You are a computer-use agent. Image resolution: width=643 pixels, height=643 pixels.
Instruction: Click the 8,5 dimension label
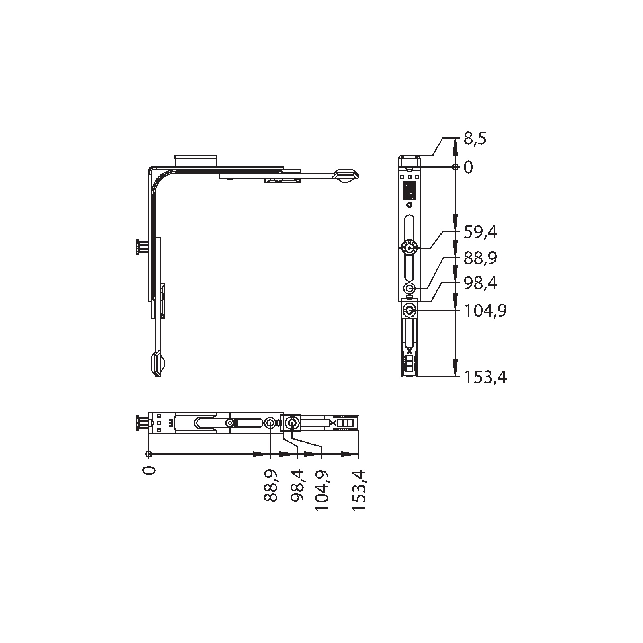coord(475,139)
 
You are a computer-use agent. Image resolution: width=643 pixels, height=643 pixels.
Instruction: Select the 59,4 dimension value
coord(480,232)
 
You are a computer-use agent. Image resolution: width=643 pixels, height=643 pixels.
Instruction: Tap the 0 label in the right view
coord(469,167)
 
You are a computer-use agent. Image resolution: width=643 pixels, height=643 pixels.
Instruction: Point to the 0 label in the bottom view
coord(149,469)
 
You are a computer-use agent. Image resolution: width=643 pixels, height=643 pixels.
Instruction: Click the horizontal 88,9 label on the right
coord(480,258)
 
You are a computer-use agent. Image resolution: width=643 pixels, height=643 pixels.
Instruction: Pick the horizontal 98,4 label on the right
coord(480,284)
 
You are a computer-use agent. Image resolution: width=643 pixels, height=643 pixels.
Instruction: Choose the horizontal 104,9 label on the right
coord(485,311)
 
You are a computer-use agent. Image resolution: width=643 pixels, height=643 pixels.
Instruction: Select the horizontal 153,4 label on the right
coord(485,378)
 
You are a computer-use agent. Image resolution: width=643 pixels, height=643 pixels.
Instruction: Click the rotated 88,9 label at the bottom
coord(271,485)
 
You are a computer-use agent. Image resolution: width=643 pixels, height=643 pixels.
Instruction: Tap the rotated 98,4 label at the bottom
coord(297,485)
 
